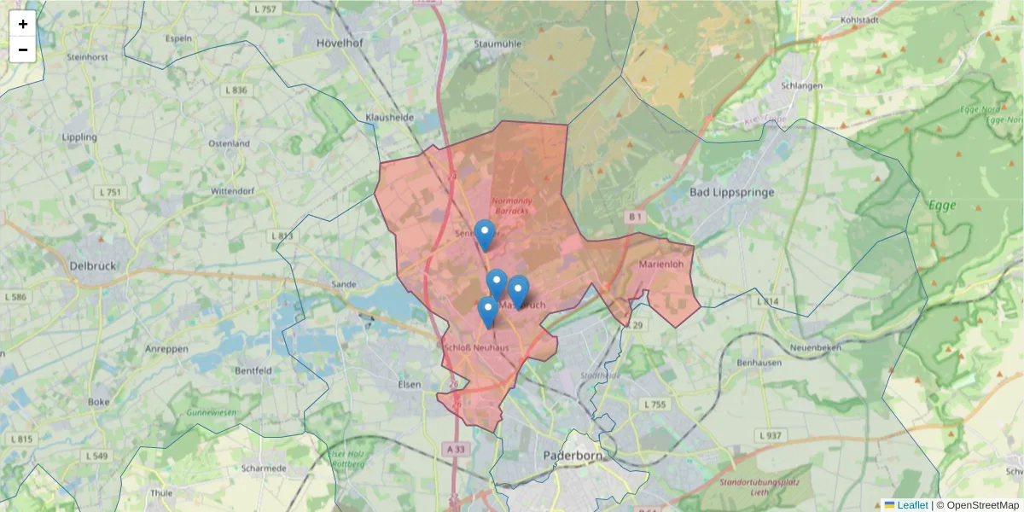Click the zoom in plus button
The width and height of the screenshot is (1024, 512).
[23, 24]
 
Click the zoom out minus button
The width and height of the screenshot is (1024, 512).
[23, 49]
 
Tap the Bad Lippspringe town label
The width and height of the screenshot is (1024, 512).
[731, 192]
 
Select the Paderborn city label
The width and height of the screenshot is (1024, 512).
[573, 456]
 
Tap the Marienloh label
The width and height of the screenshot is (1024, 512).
[661, 265]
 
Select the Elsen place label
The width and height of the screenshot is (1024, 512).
[410, 385]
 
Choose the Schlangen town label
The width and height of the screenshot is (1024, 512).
[801, 85]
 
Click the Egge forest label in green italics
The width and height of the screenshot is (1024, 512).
[941, 206]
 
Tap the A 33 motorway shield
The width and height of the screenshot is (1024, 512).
[456, 447]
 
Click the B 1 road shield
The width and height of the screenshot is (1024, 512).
[634, 218]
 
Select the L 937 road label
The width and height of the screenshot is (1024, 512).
[770, 435]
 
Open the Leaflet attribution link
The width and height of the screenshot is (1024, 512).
[911, 505]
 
